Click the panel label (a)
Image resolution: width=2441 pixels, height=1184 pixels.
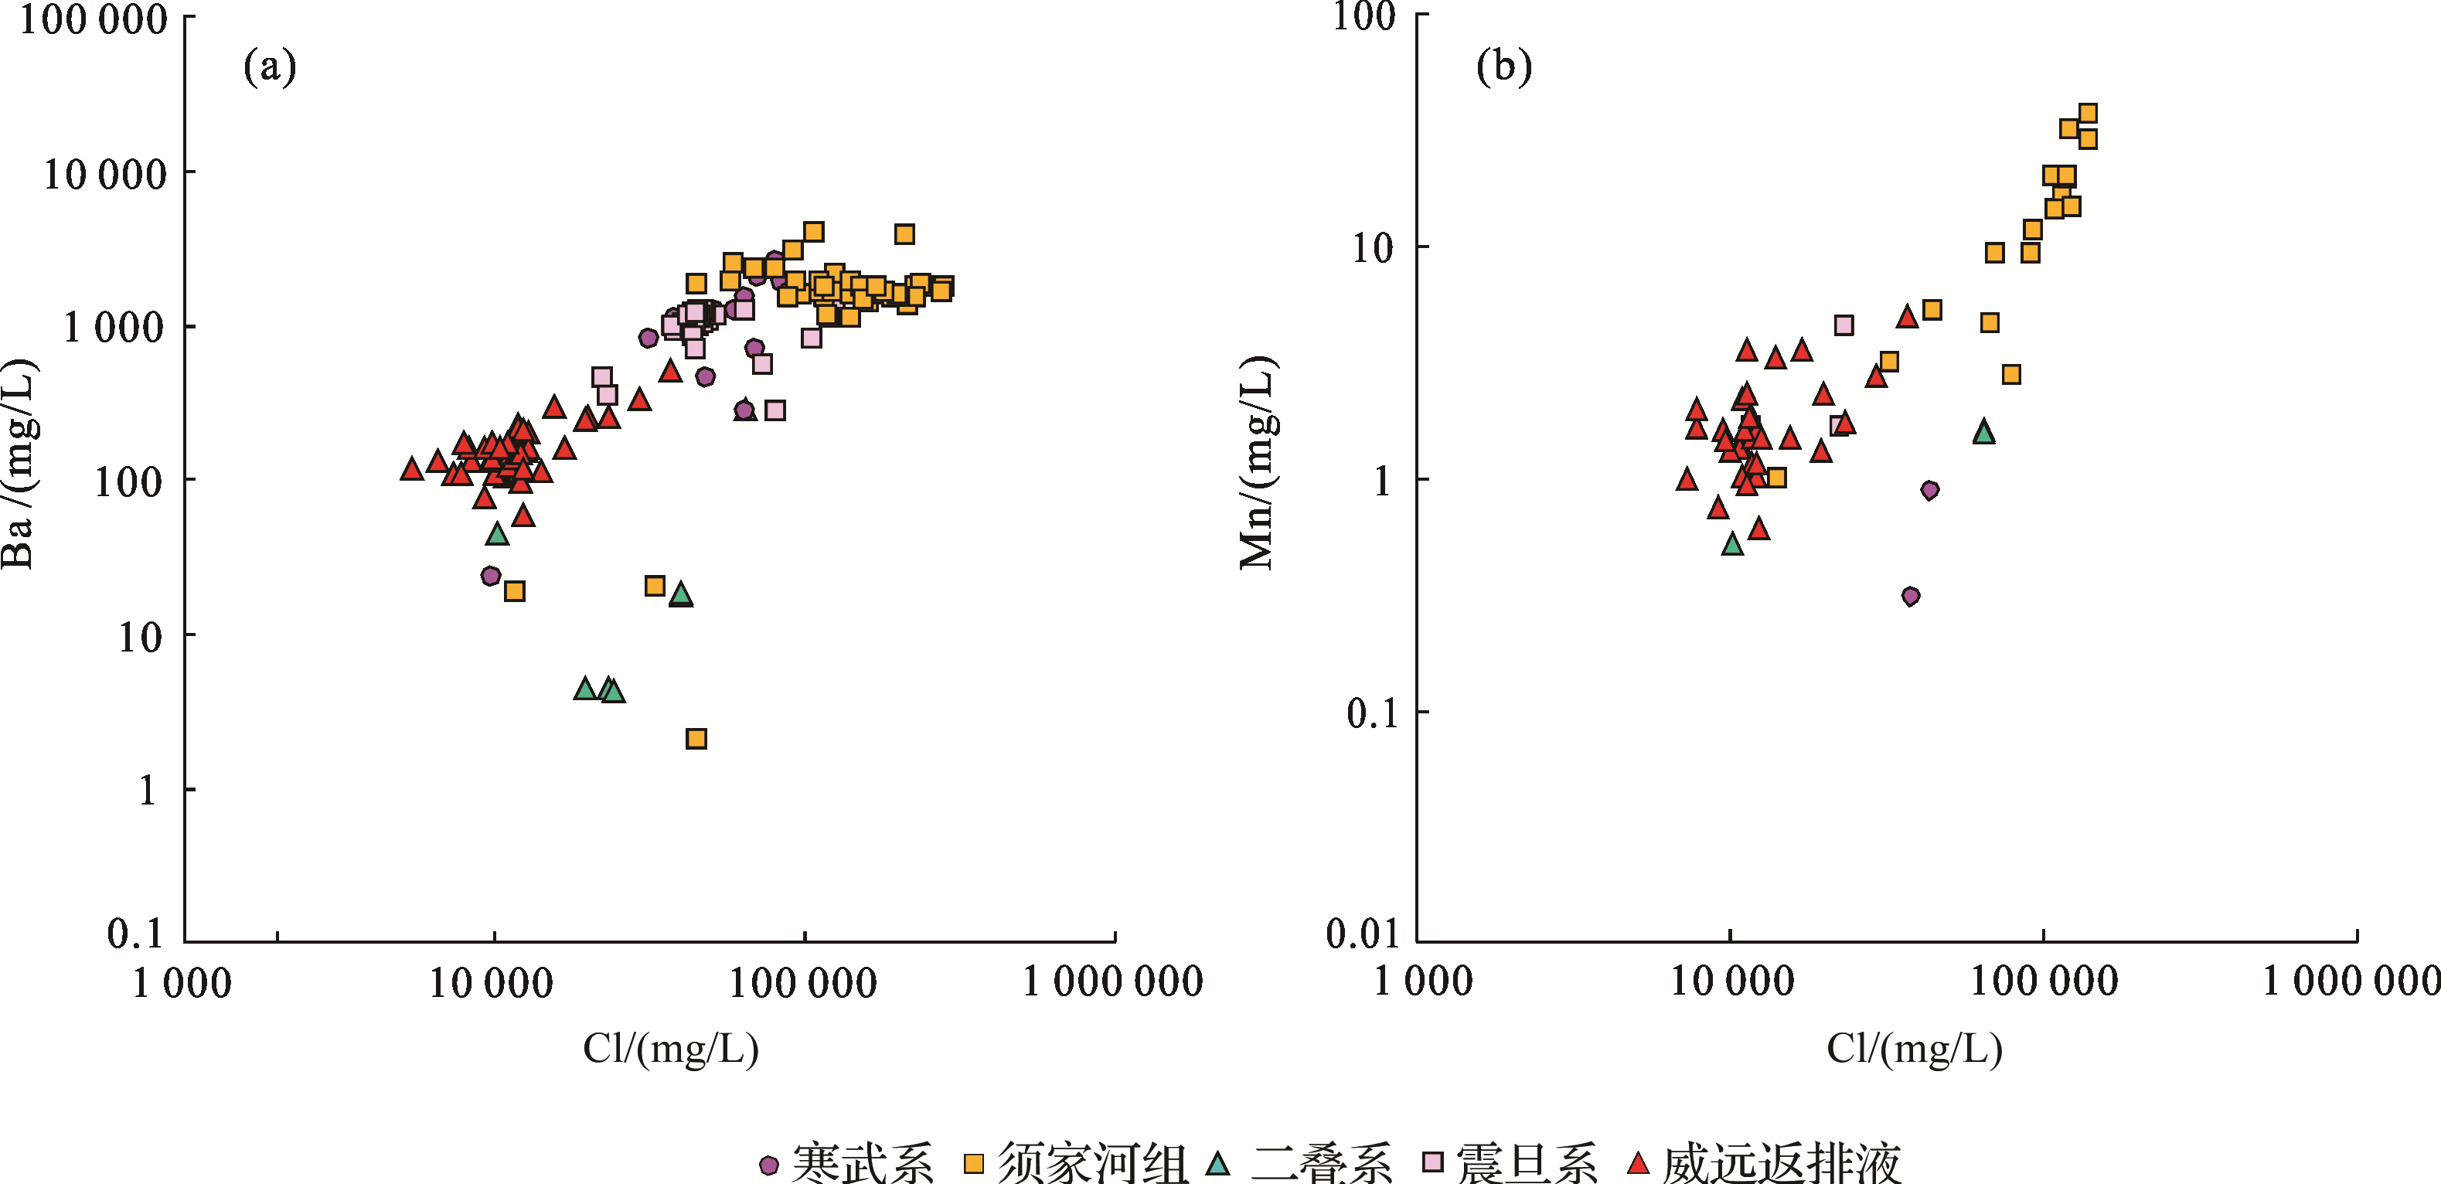coord(270,66)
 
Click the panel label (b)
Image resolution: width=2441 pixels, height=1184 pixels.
coord(1504,66)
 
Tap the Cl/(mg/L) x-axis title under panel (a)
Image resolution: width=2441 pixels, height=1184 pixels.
coord(671,1049)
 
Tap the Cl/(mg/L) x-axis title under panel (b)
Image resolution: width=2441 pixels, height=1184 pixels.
coord(1914,1049)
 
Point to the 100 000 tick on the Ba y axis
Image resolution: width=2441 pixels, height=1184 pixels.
coord(94,19)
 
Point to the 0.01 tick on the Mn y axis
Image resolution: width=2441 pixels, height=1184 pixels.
coord(1363,934)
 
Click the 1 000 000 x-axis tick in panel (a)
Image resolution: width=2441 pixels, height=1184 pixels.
coord(1112,982)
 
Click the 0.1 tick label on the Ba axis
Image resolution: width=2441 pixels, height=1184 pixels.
coord(135,934)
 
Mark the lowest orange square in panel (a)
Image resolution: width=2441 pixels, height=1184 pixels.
coord(696,739)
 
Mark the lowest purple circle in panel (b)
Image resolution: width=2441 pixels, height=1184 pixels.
coord(1910,596)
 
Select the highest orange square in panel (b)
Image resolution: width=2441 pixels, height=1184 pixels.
coord(2088,114)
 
